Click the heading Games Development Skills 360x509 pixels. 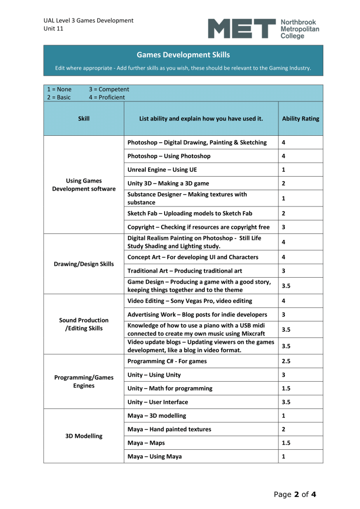click(183, 55)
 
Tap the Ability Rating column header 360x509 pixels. click(300, 119)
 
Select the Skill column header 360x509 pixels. click(84, 119)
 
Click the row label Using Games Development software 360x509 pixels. click(84, 185)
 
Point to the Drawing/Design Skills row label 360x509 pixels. click(84, 263)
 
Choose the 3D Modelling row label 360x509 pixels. click(84, 436)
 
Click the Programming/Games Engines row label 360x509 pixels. click(84, 382)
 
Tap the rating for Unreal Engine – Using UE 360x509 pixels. click(283, 170)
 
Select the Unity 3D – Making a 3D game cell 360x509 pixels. click(168, 183)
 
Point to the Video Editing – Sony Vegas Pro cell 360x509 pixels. click(189, 301)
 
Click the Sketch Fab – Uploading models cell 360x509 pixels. click(189, 213)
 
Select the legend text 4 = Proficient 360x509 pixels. click(107, 97)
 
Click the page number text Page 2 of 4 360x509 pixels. click(295, 494)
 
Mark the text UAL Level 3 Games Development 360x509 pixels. click(88, 20)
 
